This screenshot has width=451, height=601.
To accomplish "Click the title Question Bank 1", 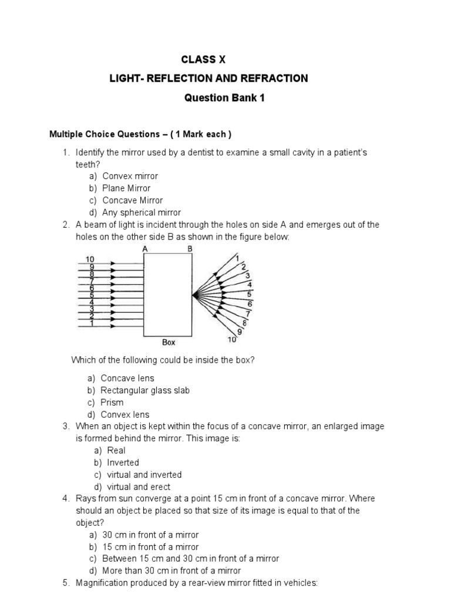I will point(225,98).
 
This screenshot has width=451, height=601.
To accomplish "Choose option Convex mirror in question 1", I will point(130,176).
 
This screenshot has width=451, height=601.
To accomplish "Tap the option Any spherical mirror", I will point(142,212).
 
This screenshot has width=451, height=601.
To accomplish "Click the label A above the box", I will point(145,249).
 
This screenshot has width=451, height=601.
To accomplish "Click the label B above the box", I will point(189,249).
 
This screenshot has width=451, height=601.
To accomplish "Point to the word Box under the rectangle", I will point(168,342).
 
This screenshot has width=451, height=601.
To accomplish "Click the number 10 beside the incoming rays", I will point(90,259).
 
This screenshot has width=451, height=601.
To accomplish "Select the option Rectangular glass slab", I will point(145,390).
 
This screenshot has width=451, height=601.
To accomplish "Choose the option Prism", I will point(112,403).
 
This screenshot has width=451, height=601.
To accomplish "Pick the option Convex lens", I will point(125,415).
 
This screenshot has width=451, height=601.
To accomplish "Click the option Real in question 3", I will point(116,450).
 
